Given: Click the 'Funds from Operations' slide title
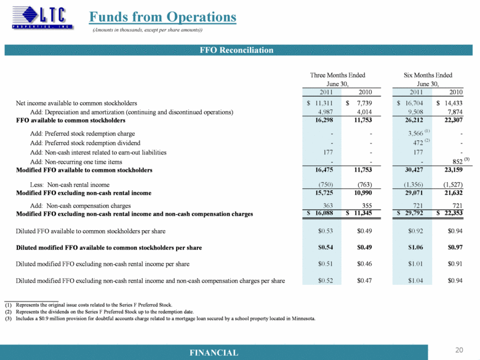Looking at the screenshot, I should click(x=162, y=17).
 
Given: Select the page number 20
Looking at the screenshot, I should click(x=458, y=350).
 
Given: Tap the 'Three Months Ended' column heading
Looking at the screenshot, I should click(x=338, y=75).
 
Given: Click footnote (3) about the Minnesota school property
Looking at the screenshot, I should click(x=160, y=319).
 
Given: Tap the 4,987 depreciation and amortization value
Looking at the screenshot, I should click(x=325, y=113).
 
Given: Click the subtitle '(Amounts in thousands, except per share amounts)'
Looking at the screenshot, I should click(x=147, y=30).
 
